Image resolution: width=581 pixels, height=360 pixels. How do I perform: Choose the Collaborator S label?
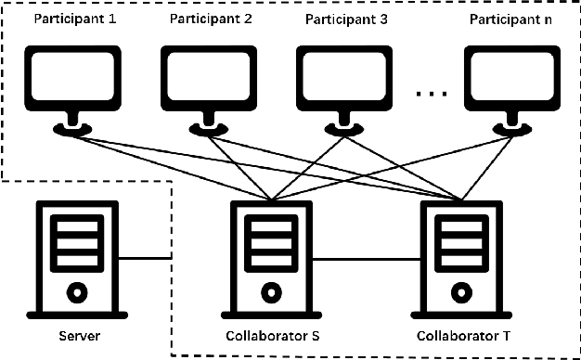coord(270,334)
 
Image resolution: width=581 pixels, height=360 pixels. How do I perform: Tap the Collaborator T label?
coord(458,334)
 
